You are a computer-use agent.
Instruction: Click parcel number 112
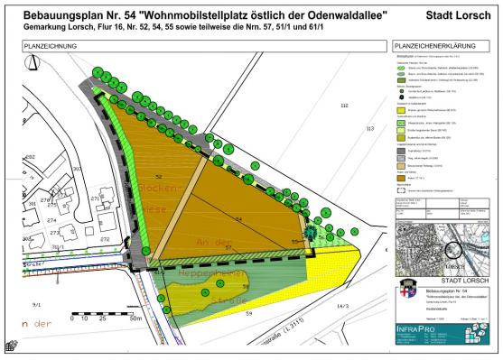tap(344, 106)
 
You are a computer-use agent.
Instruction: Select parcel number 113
tap(368, 129)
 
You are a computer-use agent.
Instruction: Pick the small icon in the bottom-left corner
tap(12, 346)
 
